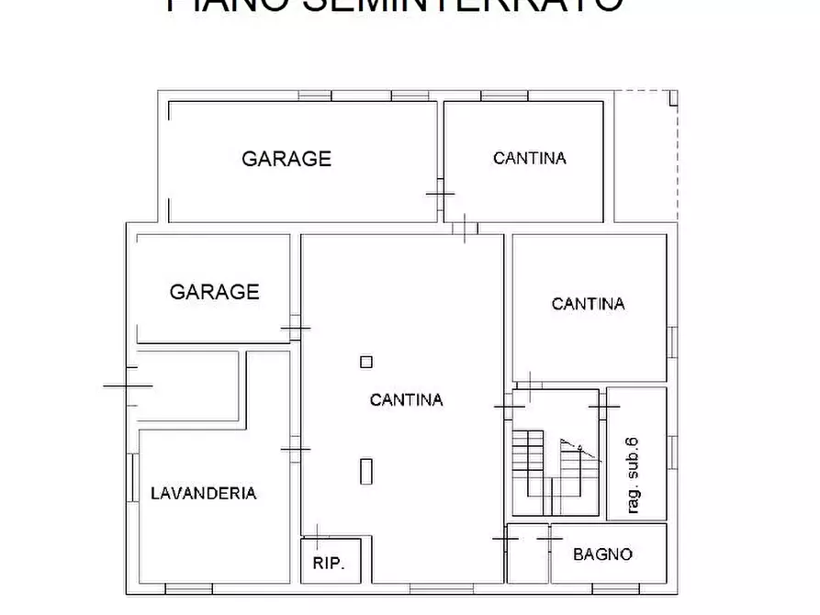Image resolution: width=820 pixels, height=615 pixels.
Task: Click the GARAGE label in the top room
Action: click(286, 159)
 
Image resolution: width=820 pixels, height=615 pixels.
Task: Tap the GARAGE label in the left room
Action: click(215, 292)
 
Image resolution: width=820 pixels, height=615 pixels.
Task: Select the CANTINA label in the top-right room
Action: click(530, 158)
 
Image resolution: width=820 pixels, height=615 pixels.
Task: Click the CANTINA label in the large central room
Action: click(406, 400)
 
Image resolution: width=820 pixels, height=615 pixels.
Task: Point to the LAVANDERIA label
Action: click(203, 493)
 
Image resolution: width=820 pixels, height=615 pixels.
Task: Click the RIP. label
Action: click(329, 563)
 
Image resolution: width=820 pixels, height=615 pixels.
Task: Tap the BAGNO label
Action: click(602, 554)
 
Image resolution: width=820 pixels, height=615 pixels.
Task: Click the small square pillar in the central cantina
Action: click(366, 362)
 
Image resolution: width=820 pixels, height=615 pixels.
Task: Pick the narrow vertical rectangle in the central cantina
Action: click(366, 470)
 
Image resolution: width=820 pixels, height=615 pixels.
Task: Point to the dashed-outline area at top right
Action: click(646, 156)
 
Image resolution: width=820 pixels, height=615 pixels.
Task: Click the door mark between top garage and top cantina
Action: click(440, 195)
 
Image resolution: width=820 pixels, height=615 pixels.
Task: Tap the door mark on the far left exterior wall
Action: click(128, 386)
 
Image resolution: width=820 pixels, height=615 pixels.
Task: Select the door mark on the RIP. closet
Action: click(316, 536)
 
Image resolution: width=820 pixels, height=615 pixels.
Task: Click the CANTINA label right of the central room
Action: click(589, 304)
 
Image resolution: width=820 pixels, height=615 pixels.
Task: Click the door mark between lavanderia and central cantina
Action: click(296, 449)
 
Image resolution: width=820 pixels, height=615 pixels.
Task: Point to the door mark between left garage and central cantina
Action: click(296, 328)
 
